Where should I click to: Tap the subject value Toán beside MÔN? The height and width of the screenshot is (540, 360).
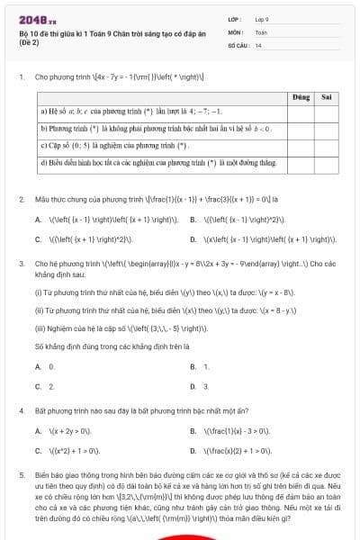click(x=261, y=31)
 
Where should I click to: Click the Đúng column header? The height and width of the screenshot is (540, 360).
click(x=301, y=96)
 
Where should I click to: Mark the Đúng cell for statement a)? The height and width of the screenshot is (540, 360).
click(x=301, y=112)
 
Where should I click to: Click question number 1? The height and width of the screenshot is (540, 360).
click(x=21, y=76)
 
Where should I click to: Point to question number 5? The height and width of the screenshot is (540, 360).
click(x=21, y=472)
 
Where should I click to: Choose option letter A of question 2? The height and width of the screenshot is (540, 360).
click(x=38, y=219)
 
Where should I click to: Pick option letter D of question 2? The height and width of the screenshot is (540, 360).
click(x=193, y=239)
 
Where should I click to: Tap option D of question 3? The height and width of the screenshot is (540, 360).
click(x=193, y=386)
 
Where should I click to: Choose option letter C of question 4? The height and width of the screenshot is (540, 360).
click(x=38, y=449)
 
